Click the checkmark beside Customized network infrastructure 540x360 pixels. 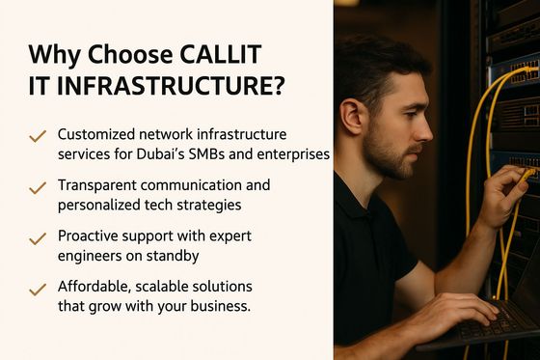tap(38, 137)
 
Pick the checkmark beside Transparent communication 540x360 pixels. tap(38, 187)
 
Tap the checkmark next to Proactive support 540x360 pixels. tap(38, 237)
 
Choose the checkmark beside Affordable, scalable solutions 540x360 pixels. tap(38, 288)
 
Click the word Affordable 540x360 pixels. tap(97, 286)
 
